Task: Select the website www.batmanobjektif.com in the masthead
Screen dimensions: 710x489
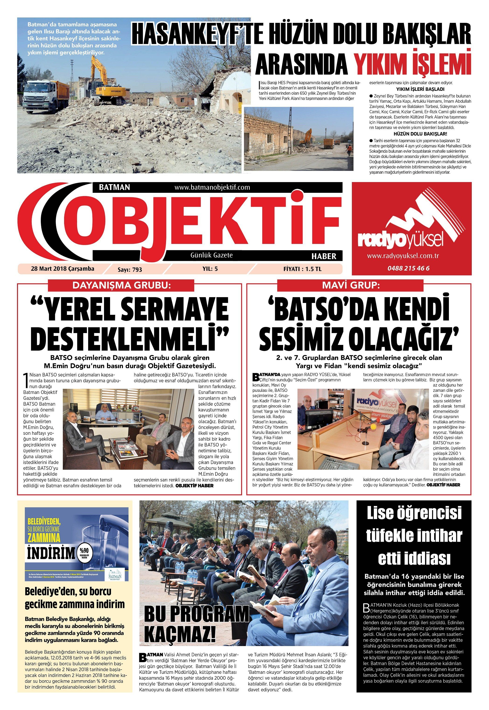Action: (212, 187)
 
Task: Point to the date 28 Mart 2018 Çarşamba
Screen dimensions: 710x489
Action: (62, 269)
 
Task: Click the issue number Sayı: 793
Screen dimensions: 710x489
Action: (130, 270)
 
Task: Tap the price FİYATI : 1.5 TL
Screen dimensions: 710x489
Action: (302, 269)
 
